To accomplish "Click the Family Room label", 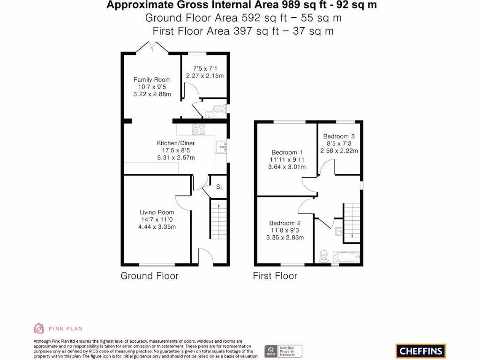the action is click(152, 80).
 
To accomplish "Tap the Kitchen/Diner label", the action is click(176, 143).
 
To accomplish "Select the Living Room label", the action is click(157, 212).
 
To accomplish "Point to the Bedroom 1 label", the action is click(287, 152).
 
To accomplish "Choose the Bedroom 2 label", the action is click(285, 223).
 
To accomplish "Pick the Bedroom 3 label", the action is click(339, 136).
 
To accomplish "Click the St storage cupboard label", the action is click(219, 187).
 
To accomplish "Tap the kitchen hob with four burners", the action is click(198, 129).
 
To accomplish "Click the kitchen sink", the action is click(221, 147).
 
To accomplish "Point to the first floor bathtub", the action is click(347, 257).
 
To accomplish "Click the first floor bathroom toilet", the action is click(323, 256).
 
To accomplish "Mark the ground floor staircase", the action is click(218, 219).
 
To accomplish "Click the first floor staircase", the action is click(352, 223).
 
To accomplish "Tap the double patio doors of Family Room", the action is click(152, 47).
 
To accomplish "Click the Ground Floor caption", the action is click(150, 276).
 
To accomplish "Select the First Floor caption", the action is click(275, 276).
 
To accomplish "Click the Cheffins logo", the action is click(420, 351).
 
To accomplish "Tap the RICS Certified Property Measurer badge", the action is click(283, 351).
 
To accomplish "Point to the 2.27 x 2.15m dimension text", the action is click(205, 75).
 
